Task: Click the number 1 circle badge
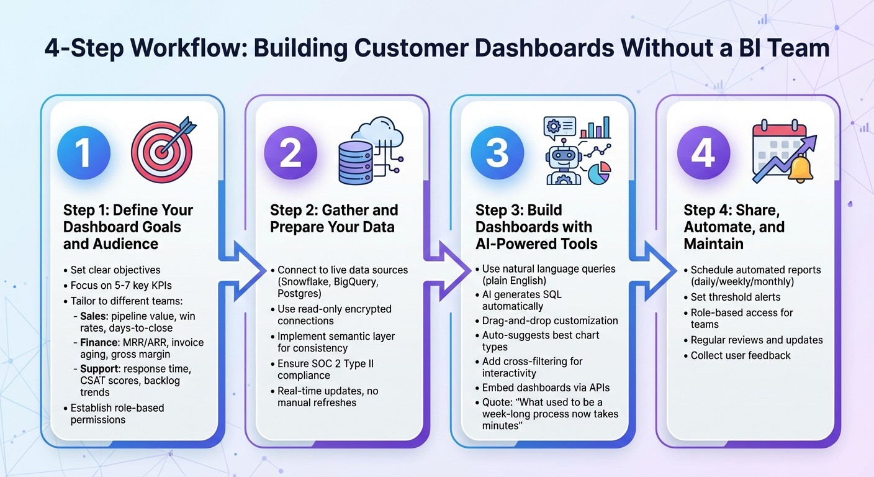pos(84,152)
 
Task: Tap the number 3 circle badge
pos(497,152)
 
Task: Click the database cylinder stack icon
pos(356,162)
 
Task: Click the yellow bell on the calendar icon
pos(801,169)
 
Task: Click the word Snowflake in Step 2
pos(305,281)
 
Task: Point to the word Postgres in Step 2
pos(299,293)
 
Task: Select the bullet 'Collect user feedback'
pos(741,355)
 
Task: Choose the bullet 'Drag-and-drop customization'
pos(550,320)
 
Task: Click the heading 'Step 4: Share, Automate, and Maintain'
pos(734,227)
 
